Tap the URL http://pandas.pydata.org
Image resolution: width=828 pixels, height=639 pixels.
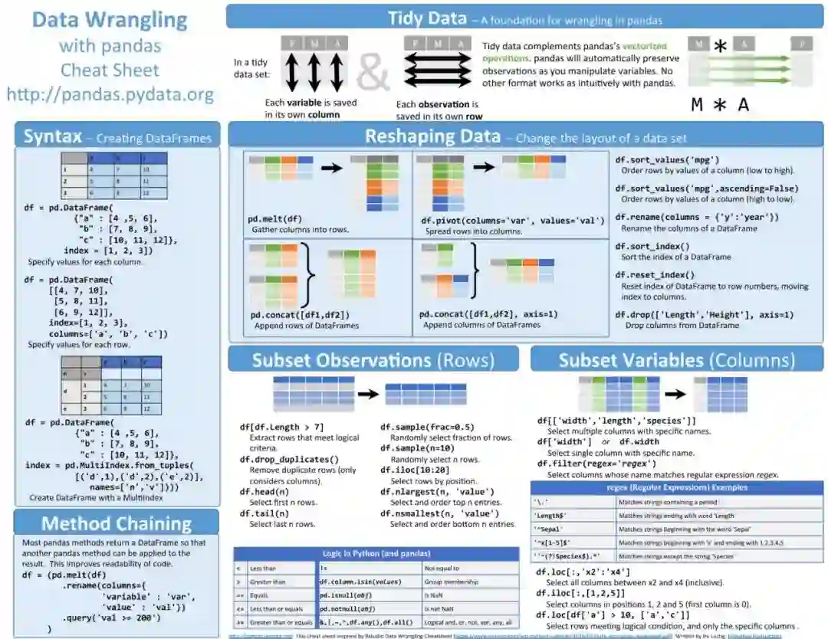tap(110, 95)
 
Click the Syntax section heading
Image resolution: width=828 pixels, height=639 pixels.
tap(53, 138)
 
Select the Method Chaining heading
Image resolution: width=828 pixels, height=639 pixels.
tap(117, 524)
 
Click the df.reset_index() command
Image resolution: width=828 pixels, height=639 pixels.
tap(655, 274)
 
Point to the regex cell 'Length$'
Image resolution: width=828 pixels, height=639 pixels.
tap(550, 516)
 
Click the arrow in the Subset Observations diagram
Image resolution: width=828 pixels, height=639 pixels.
tap(368, 394)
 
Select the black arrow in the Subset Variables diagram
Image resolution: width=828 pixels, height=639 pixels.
tap(675, 394)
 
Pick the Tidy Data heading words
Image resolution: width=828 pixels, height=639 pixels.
tap(426, 18)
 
